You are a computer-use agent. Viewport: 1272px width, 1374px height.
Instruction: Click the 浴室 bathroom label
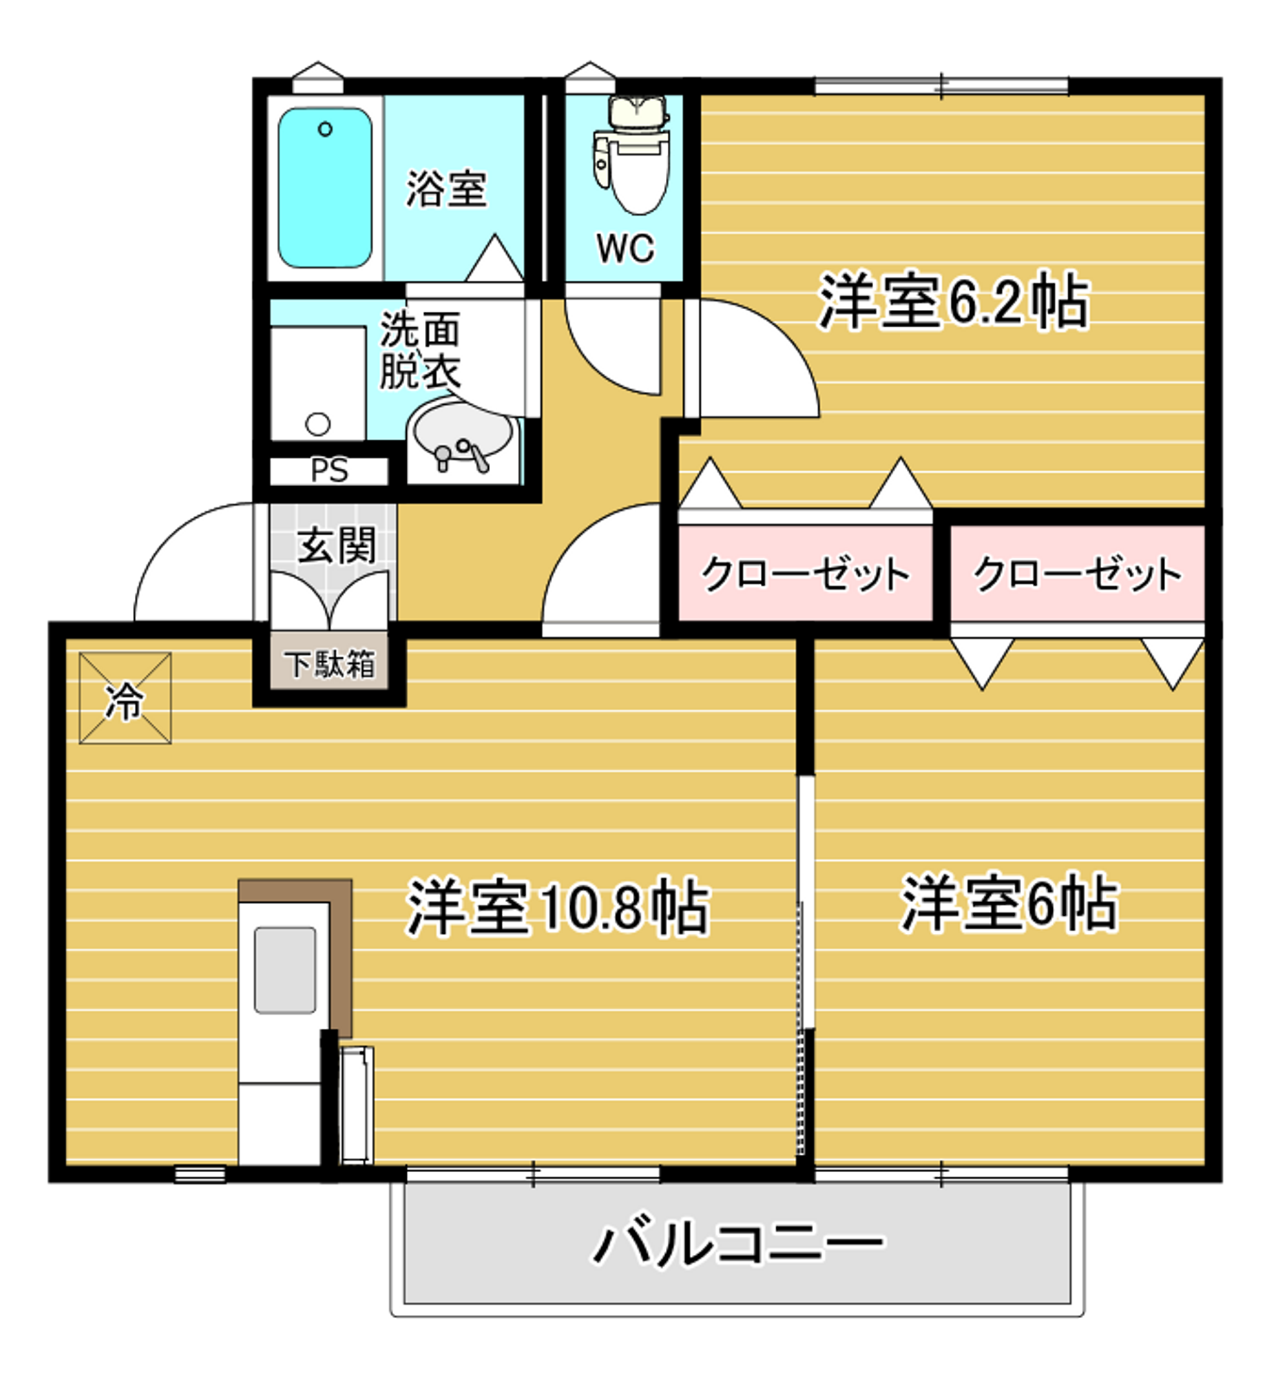447,189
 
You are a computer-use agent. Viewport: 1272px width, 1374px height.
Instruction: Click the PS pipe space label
330,471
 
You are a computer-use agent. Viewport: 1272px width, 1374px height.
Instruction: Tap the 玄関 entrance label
337,546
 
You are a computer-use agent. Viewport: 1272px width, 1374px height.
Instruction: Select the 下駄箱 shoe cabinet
330,664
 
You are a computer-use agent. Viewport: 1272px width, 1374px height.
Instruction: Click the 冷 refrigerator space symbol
125,698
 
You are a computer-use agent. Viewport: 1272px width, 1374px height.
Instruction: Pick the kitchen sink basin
285,970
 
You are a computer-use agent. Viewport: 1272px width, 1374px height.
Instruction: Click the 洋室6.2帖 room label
954,303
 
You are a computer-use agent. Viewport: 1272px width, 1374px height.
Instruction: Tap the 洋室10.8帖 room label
558,907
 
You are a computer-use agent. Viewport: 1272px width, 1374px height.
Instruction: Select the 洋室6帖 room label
1009,904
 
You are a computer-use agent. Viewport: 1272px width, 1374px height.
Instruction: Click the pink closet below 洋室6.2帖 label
806,573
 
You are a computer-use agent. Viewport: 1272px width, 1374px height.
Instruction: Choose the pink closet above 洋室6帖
1077,573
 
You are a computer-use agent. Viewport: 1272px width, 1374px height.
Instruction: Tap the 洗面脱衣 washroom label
419,351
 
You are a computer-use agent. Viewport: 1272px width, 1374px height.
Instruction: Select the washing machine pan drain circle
317,424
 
